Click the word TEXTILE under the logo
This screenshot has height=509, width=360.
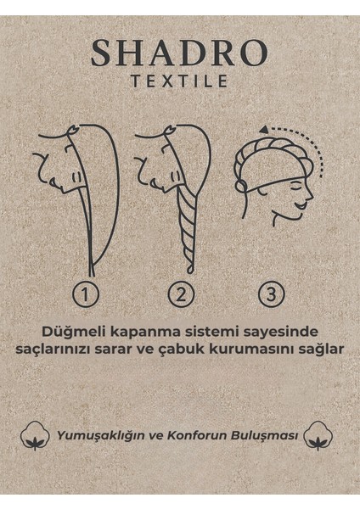(180, 83)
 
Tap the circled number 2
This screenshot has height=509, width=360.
(179, 294)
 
